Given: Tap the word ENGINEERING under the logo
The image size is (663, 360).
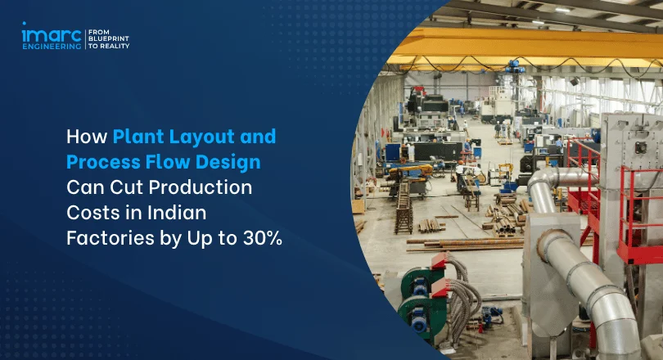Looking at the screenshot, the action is click(52, 46).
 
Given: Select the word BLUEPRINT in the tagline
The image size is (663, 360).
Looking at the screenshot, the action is click(109, 39).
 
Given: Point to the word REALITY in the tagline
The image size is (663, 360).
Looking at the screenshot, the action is click(115, 46).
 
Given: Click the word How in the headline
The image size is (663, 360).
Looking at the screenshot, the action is click(87, 137).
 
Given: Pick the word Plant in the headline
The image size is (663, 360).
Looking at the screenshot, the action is click(138, 137).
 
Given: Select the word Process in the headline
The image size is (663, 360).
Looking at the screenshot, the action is click(103, 162).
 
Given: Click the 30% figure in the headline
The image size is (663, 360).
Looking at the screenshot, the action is click(263, 238).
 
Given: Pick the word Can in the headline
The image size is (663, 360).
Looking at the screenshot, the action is click(85, 187).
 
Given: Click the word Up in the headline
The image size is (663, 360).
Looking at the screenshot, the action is click(200, 239).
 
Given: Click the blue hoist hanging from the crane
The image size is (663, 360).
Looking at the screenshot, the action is click(515, 67).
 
